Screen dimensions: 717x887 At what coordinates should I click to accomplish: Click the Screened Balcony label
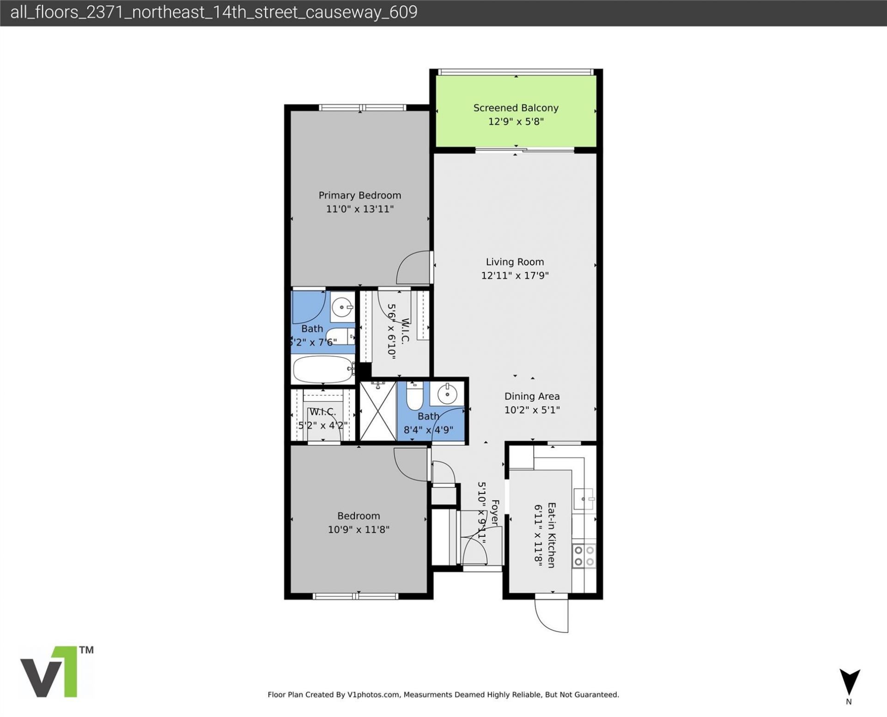click(516, 108)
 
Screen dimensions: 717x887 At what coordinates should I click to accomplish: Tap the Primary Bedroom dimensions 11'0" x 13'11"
click(359, 209)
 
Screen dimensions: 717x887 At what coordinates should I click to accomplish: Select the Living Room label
click(515, 261)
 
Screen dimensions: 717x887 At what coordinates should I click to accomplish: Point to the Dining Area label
click(532, 396)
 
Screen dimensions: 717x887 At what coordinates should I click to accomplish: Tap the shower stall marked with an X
click(377, 411)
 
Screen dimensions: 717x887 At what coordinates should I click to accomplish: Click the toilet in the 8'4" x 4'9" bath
click(414, 395)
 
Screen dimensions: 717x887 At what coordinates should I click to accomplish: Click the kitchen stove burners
click(584, 556)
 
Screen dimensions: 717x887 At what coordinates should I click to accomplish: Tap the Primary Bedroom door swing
click(413, 268)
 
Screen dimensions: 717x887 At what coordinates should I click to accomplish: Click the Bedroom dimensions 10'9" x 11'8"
click(358, 529)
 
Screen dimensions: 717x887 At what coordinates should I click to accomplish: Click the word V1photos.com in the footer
click(373, 694)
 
